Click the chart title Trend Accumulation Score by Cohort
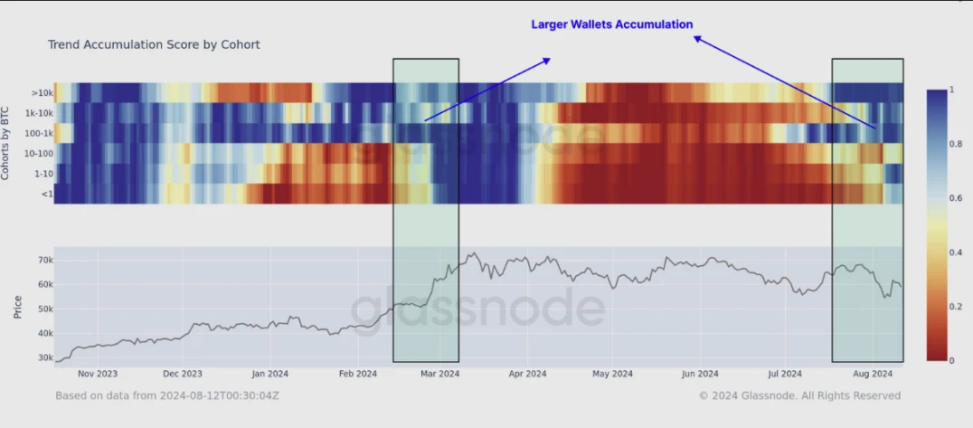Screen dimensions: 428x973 [x=154, y=43]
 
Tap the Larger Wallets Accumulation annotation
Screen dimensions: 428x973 [x=611, y=24]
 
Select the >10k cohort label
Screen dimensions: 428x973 [x=43, y=91]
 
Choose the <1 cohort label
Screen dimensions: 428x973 [x=46, y=193]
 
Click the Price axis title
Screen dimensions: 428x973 [x=18, y=307]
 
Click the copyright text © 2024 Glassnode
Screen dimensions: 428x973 [x=799, y=395]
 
